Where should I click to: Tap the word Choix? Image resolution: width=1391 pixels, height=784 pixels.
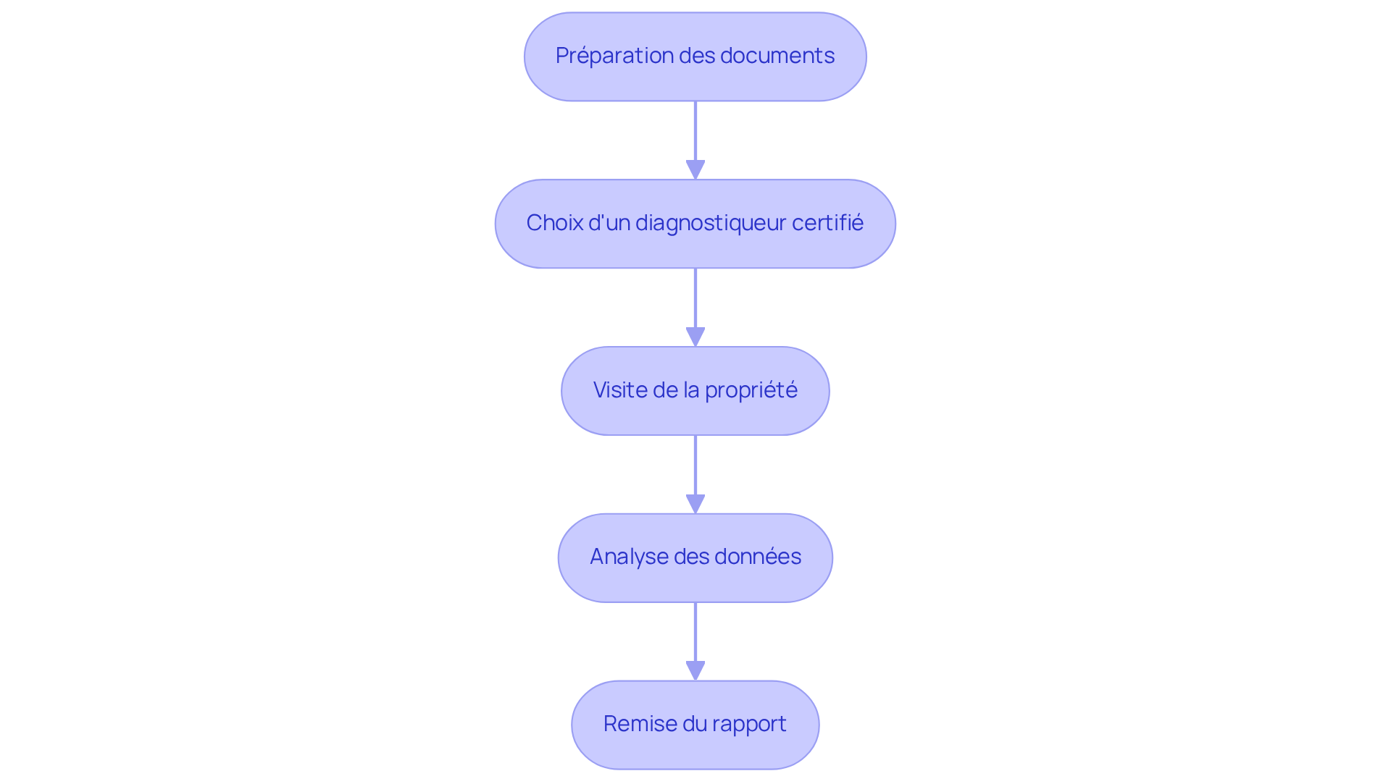554,223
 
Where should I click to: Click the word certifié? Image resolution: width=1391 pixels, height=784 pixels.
827,223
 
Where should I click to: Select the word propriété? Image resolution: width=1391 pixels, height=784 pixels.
751,390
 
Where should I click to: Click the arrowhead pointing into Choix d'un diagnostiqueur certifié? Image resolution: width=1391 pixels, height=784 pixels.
695,170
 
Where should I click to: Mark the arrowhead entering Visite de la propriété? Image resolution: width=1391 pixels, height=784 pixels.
695,337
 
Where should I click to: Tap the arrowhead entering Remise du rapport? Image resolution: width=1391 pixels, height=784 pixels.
695,671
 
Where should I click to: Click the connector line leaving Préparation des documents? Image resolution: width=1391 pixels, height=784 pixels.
695,130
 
